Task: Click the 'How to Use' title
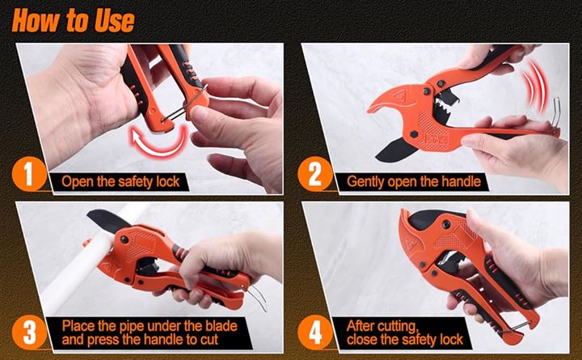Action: click(73, 20)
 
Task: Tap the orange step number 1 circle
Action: click(29, 174)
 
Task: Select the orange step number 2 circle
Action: click(315, 174)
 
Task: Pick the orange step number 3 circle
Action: click(29, 332)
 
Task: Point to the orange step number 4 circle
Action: click(315, 332)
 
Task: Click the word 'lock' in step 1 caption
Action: click(168, 182)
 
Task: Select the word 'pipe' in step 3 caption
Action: click(132, 327)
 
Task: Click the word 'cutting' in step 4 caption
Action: click(400, 327)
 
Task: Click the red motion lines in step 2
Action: click(534, 87)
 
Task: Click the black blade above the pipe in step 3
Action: click(108, 220)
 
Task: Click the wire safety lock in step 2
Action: click(555, 113)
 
